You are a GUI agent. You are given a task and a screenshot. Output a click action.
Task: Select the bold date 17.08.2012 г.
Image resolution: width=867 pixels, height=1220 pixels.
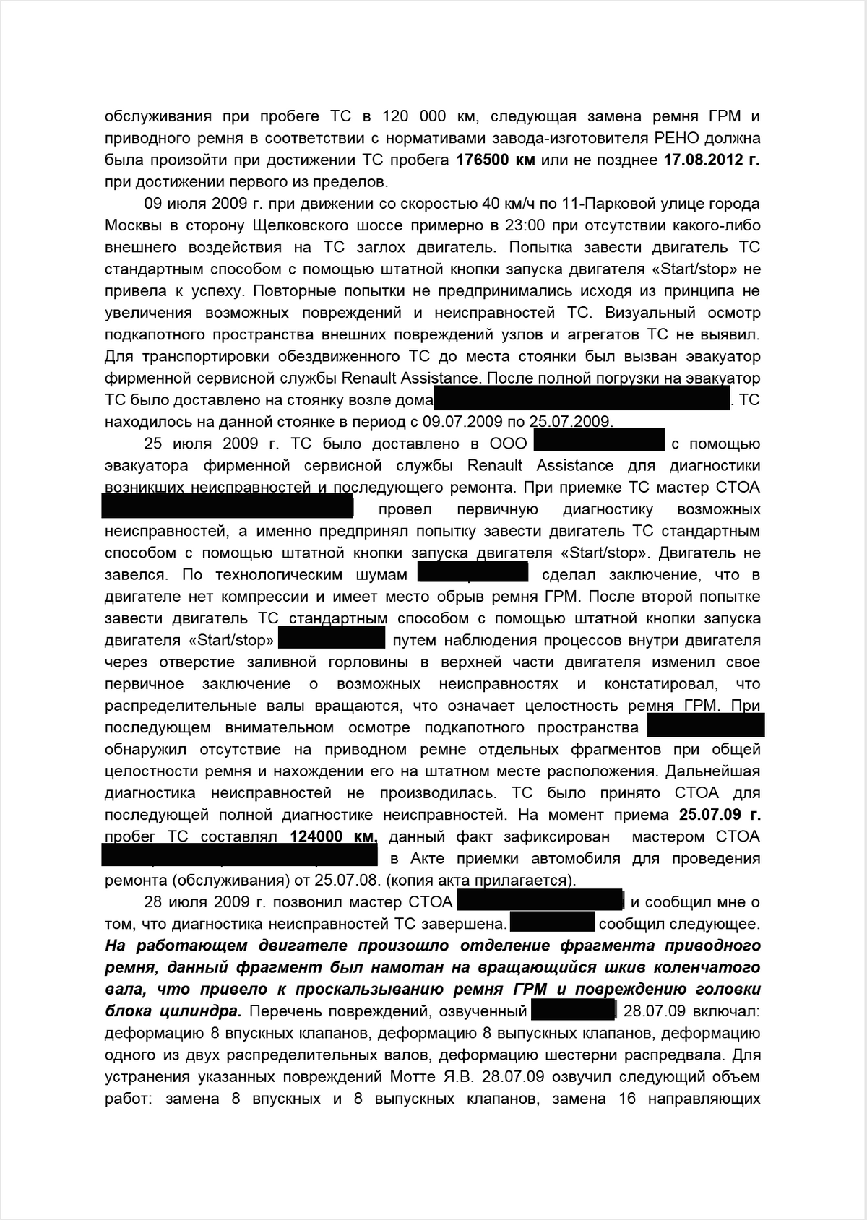click(711, 160)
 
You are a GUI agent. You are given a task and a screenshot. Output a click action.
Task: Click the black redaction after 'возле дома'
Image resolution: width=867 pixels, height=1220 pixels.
click(582, 399)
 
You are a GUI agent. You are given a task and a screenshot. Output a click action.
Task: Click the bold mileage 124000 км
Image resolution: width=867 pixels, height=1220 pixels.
click(333, 837)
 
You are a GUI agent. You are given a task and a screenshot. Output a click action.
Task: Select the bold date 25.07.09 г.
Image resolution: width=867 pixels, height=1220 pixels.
click(720, 816)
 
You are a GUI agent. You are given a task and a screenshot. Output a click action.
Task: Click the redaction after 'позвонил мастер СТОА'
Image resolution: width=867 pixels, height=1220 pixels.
click(540, 901)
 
